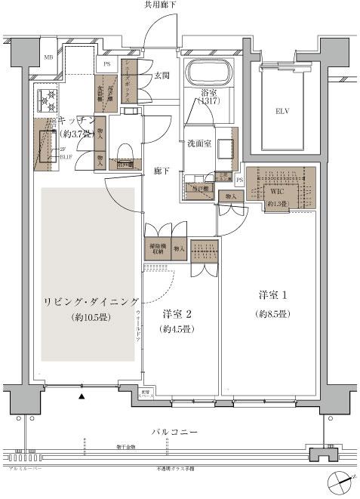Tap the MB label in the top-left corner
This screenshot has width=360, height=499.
coord(48,57)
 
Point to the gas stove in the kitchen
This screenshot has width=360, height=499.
coord(47,97)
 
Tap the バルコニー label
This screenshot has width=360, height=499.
coord(174,432)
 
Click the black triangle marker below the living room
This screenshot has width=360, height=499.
coord(82,395)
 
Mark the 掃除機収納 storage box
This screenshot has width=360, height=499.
coord(156,249)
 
